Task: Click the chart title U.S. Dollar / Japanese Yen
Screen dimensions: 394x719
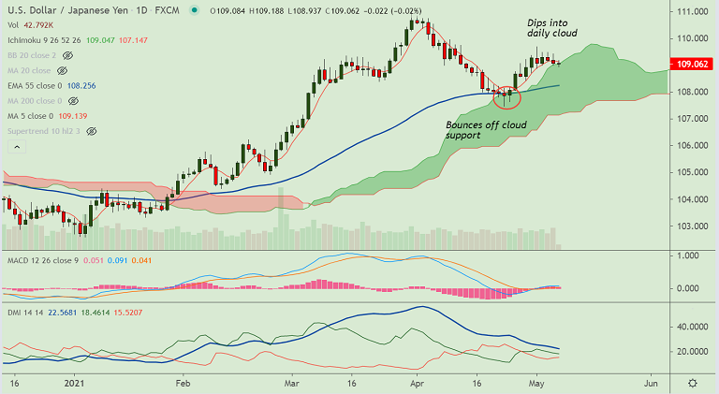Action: click(x=58, y=10)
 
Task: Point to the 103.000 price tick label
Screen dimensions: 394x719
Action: click(x=692, y=226)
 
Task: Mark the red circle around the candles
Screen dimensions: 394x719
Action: click(x=506, y=95)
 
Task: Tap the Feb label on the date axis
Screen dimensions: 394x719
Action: click(x=183, y=384)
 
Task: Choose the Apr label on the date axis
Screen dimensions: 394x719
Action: click(x=417, y=384)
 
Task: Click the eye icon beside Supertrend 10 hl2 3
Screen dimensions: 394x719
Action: click(x=92, y=132)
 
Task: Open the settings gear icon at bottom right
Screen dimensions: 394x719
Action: click(x=692, y=384)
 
